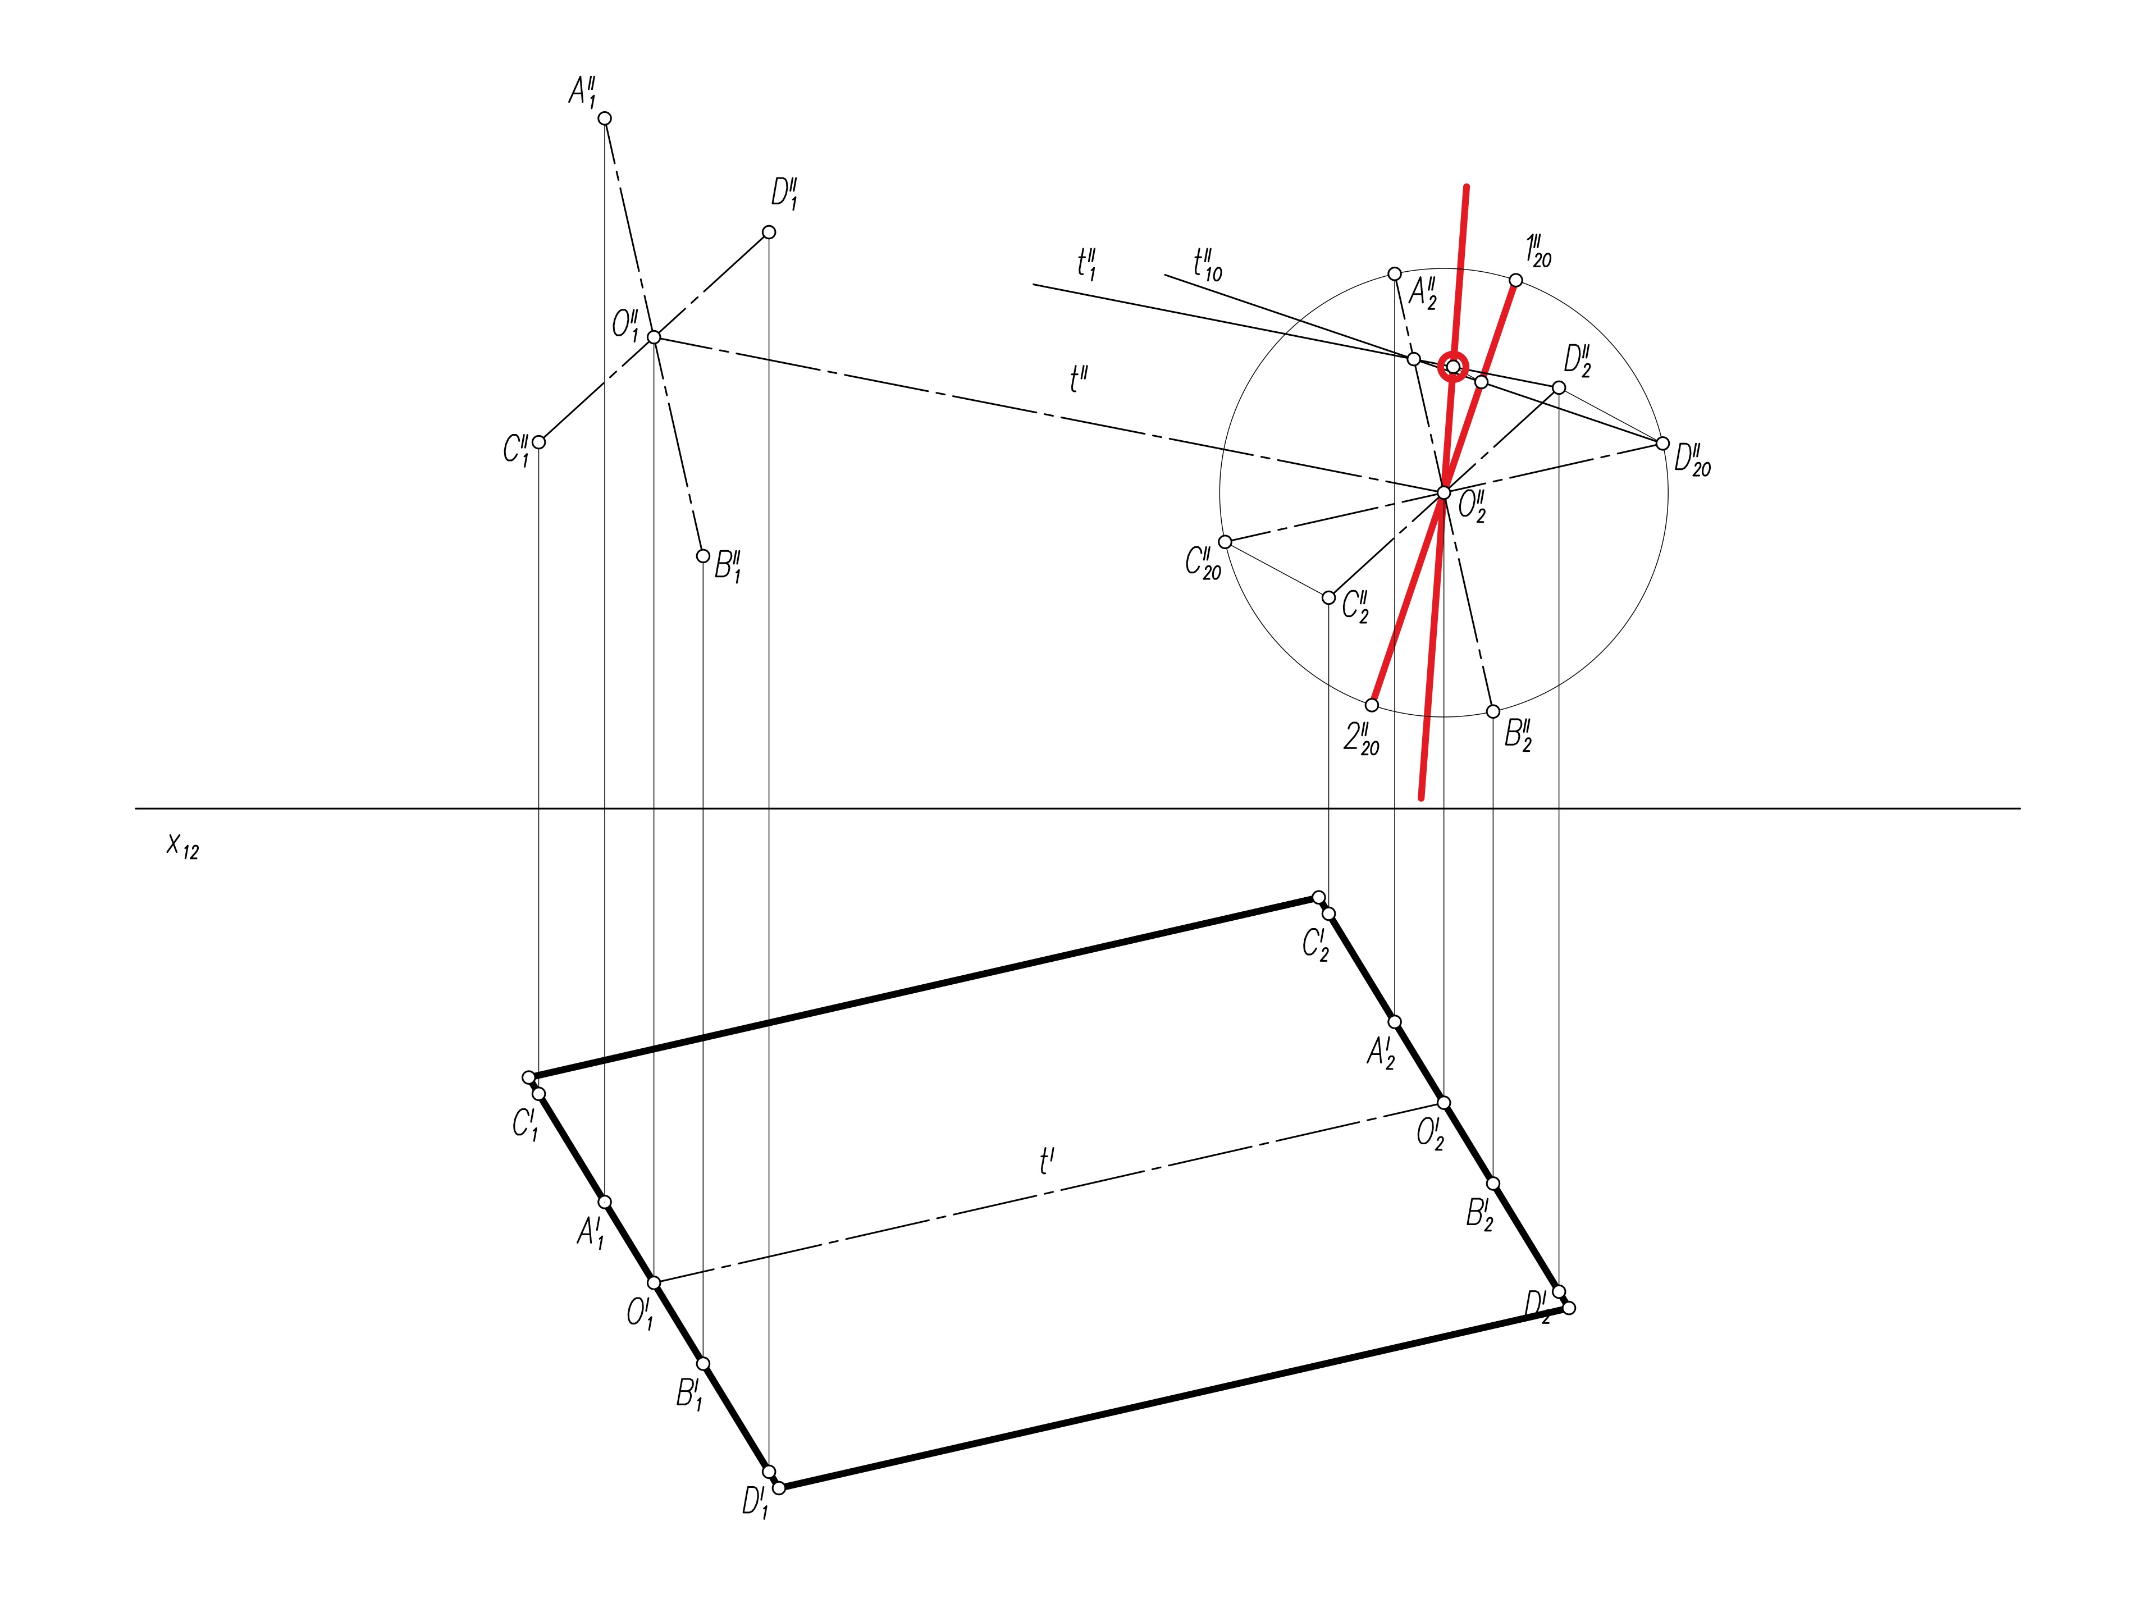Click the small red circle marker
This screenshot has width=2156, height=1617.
click(1453, 367)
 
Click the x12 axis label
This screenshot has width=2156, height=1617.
click(182, 845)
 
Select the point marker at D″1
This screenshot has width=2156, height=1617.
click(769, 232)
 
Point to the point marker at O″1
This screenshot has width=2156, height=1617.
click(654, 337)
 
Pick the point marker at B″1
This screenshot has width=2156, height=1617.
click(703, 556)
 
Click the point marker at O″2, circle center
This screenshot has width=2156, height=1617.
click(1444, 493)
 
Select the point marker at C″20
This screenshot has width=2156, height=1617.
click(1225, 542)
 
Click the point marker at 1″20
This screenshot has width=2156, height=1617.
click(1515, 281)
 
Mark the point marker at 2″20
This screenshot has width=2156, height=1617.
click(1372, 705)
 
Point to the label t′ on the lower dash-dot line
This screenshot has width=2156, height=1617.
click(1047, 1161)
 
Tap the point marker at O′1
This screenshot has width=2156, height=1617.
click(654, 1283)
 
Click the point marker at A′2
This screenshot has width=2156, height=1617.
click(1395, 1021)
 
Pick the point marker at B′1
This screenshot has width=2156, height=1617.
click(703, 1364)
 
